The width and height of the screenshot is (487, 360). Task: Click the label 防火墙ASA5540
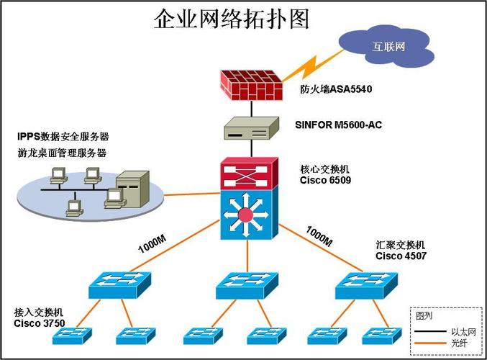click(337, 89)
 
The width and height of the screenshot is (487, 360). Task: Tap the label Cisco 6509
click(325, 180)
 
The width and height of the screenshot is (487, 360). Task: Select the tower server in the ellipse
click(135, 189)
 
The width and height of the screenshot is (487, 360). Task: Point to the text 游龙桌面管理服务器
click(62, 153)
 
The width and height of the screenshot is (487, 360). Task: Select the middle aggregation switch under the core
click(246, 284)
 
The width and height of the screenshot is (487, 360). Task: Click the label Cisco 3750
click(39, 323)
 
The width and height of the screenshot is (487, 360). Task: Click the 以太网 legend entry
click(460, 332)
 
